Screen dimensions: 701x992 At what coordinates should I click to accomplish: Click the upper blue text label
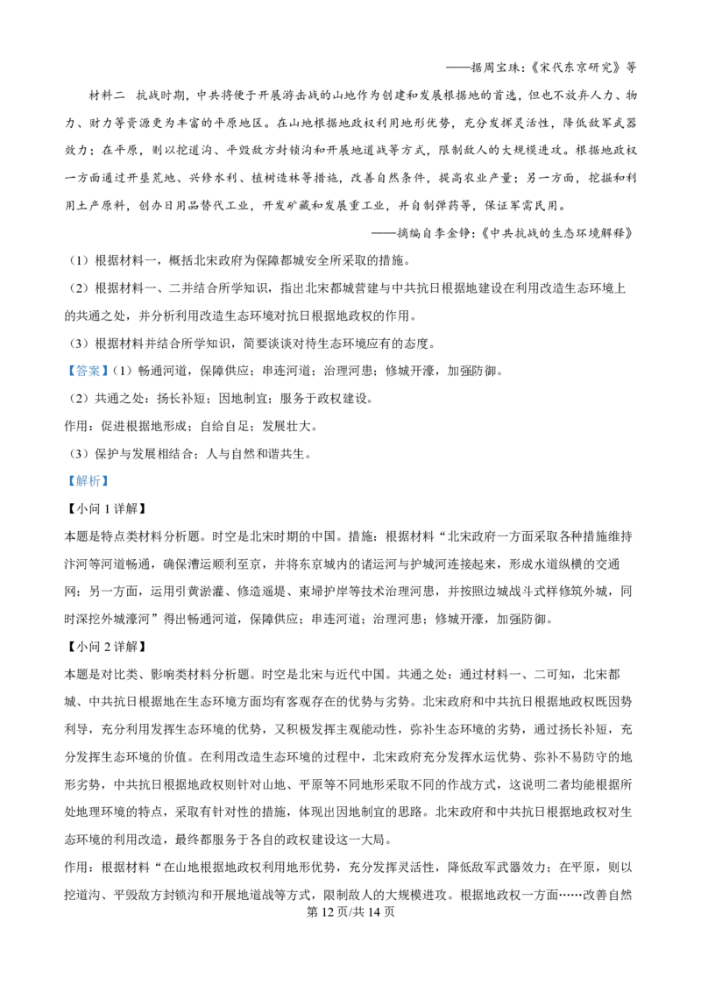click(88, 372)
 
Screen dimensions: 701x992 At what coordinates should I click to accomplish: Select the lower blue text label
click(88, 480)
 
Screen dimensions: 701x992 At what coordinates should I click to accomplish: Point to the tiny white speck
click(251, 535)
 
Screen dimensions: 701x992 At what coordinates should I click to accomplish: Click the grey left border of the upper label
click(65, 372)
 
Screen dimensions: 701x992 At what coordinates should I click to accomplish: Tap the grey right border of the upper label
click(110, 372)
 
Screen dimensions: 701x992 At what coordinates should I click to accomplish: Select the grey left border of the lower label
click(65, 480)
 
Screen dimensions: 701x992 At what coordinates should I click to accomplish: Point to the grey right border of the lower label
click(110, 480)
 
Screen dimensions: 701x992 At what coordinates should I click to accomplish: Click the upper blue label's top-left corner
click(64, 365)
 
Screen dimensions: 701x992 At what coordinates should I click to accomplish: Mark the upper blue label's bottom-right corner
click(111, 379)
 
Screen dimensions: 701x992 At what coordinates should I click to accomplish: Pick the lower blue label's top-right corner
click(111, 471)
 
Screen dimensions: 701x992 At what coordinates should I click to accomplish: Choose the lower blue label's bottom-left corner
click(64, 490)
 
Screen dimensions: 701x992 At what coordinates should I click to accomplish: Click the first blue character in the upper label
click(72, 372)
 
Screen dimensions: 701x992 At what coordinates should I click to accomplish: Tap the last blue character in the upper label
click(103, 372)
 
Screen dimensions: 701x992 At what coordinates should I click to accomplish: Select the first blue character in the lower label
click(72, 480)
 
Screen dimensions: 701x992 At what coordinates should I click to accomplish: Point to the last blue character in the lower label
click(103, 480)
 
